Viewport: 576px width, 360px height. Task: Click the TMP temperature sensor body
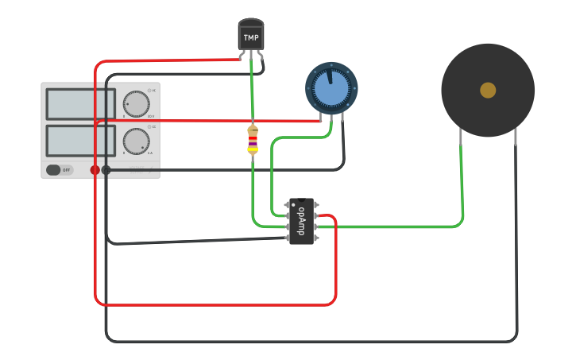[250, 37]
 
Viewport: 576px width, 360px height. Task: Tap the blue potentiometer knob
[331, 89]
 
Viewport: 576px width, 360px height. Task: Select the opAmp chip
[301, 221]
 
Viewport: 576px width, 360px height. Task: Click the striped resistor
[253, 140]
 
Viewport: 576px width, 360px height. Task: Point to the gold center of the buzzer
[488, 91]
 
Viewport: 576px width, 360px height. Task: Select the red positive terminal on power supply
[95, 170]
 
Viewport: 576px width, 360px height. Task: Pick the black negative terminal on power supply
[106, 170]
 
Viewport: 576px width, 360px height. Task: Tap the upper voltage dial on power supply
[136, 103]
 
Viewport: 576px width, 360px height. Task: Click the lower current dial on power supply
[136, 141]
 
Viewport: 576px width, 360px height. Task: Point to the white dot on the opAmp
[292, 204]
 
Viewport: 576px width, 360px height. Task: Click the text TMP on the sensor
[251, 37]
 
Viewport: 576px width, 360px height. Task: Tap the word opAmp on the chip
[301, 221]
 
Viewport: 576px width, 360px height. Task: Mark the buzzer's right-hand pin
[516, 140]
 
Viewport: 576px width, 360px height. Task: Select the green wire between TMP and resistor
[252, 91]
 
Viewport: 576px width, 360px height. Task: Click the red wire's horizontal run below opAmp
[215, 304]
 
